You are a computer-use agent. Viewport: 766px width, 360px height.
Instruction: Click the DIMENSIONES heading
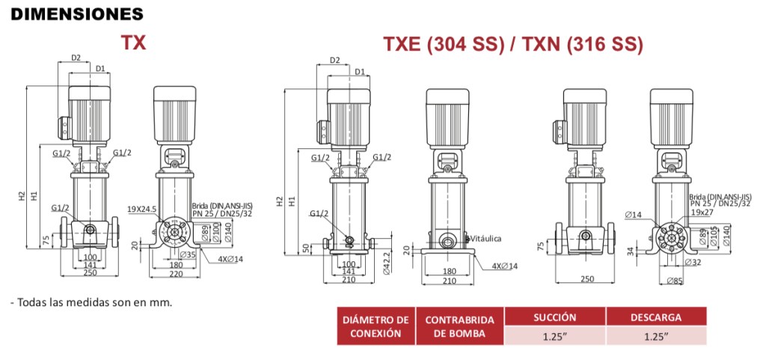coord(77,13)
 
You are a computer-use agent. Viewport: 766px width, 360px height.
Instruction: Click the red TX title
coord(133,43)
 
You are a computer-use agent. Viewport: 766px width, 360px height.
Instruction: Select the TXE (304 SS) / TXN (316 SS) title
coord(512,44)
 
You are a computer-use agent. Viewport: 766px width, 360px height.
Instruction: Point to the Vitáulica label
coord(485,239)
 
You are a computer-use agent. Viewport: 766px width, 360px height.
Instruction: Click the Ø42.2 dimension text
coord(387,263)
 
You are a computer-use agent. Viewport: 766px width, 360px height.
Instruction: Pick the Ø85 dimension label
coord(675,281)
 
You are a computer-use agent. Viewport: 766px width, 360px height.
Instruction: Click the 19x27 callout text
coord(702,212)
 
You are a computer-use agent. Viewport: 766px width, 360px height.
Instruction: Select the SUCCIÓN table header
coord(556,317)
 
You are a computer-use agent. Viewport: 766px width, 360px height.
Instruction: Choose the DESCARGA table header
coord(656,317)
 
